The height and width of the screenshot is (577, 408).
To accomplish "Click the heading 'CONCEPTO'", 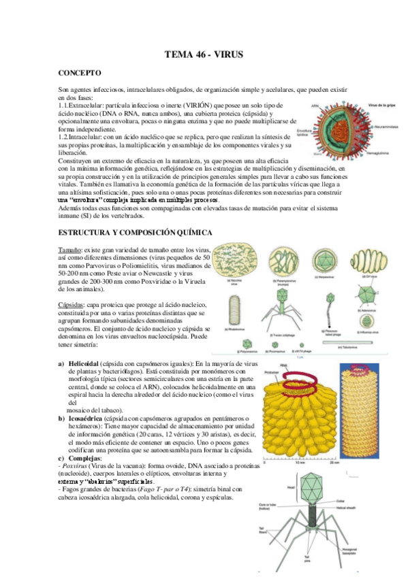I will click(80, 73).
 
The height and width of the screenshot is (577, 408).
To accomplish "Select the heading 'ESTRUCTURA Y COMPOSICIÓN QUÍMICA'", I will click(136, 233).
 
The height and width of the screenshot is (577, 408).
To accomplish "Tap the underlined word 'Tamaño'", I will click(70, 251).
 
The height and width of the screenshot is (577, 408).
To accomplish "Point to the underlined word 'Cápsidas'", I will click(72, 303).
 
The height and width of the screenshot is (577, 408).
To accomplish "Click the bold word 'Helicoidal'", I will click(82, 364).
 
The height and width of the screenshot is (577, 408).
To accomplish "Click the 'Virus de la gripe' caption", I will click(383, 106).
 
